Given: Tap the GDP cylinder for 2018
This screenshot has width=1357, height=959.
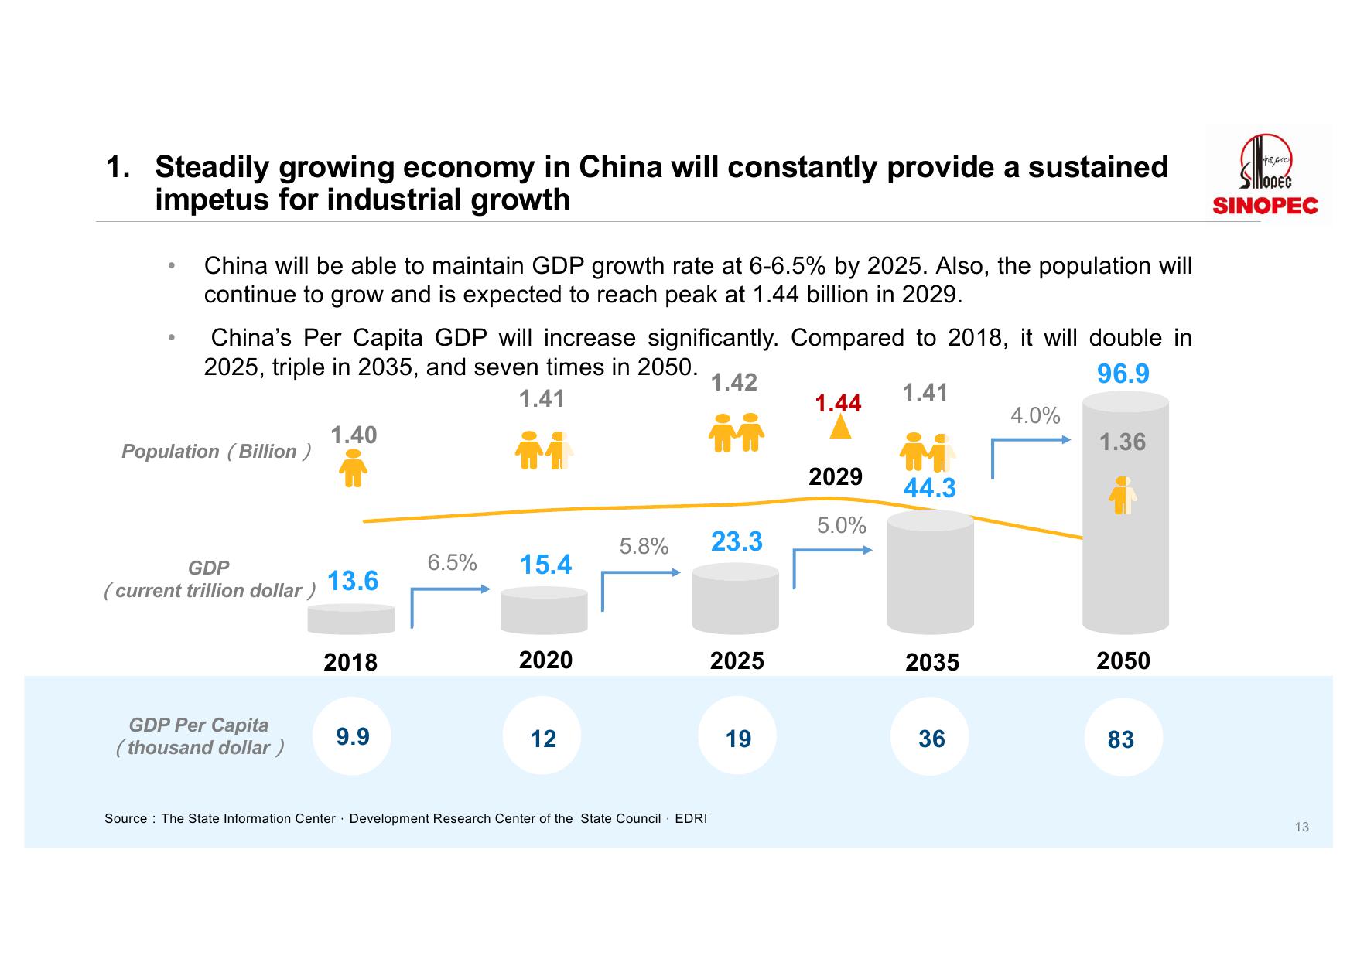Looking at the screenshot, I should (350, 619).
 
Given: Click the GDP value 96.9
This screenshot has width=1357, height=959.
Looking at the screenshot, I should (1123, 374).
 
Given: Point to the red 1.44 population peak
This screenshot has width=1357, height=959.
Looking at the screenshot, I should (838, 403).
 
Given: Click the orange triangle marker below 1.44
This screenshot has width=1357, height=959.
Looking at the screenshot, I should (840, 428).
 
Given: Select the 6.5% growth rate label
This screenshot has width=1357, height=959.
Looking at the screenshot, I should (452, 563).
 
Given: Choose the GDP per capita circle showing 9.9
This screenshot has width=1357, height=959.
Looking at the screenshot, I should (352, 736).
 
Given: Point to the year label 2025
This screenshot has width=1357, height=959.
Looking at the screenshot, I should (737, 661).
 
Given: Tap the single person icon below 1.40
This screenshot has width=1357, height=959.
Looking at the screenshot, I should (354, 468).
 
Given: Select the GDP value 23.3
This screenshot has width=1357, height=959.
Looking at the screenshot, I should (737, 541).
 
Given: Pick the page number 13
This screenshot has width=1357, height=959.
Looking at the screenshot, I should (1301, 828).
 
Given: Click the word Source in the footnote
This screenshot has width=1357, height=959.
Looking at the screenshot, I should (125, 819).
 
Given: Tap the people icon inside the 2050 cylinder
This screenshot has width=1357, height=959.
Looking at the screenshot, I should (1123, 496).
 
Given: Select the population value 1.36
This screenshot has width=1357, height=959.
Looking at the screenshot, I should (1123, 442).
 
